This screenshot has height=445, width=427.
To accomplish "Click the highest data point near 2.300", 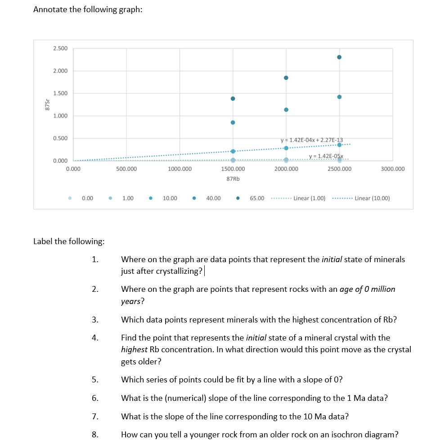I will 339,57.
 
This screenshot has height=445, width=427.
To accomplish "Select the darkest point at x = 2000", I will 286,78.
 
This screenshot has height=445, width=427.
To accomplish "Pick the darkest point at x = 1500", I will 233,99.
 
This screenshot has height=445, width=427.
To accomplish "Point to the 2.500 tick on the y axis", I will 60,48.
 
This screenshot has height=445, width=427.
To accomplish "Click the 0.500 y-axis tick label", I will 60,138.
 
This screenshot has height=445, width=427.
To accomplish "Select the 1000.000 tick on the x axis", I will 180,169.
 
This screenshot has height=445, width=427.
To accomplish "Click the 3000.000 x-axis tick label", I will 392,169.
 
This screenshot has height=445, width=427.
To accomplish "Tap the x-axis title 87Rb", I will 233,179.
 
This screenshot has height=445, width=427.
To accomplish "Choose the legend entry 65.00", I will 257,198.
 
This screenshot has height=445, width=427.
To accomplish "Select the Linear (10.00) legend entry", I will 372,198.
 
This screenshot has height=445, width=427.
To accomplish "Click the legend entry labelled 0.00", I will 87,198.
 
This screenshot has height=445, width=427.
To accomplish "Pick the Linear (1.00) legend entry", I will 309,198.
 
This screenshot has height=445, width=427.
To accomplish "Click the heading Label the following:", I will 69,241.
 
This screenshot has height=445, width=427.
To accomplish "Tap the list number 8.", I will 94,435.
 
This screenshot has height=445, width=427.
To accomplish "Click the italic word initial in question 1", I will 333,259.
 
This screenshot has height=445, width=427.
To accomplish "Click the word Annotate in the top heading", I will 50,10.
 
